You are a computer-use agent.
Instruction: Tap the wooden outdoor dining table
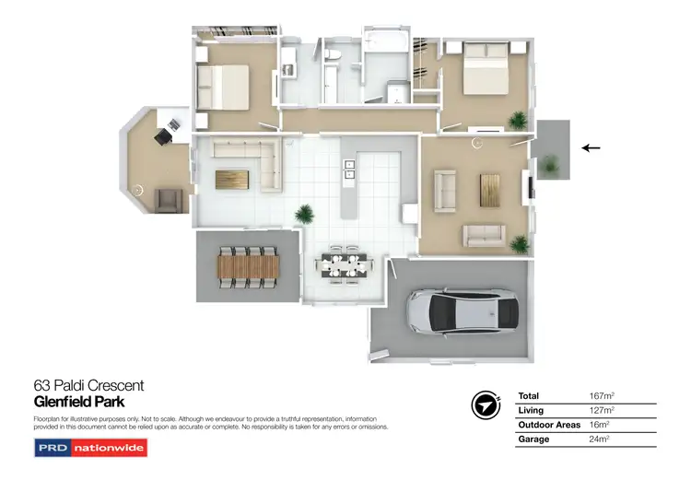(x=248, y=266)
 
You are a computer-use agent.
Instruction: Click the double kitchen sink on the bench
(x=350, y=167)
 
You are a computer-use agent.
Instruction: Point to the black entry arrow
(x=591, y=146)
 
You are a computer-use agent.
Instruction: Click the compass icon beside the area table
(x=486, y=405)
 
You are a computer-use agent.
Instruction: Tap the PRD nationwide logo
(x=90, y=448)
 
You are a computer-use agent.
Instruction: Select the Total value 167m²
(x=601, y=395)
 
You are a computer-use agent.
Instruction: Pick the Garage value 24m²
(x=600, y=439)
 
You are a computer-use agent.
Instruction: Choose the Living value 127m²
(x=601, y=410)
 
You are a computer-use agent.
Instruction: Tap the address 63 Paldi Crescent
(x=88, y=386)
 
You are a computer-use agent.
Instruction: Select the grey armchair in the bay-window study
(x=168, y=199)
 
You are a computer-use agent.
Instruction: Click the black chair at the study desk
(x=163, y=136)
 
